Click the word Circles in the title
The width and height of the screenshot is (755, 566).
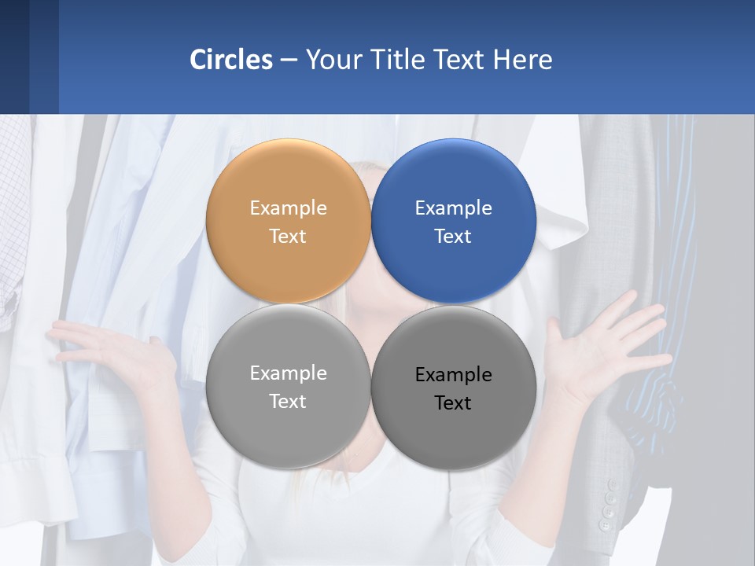coord(231,60)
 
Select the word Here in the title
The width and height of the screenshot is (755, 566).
coord(523,60)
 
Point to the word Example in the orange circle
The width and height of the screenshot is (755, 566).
coord(288,208)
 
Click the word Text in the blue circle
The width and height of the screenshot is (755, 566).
coord(453,237)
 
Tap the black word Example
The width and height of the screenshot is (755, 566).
coord(454,375)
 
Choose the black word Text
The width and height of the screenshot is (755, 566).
coord(453,403)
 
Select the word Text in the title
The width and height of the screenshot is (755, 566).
coord(459,60)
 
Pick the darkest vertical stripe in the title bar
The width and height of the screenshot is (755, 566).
coord(14,57)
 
